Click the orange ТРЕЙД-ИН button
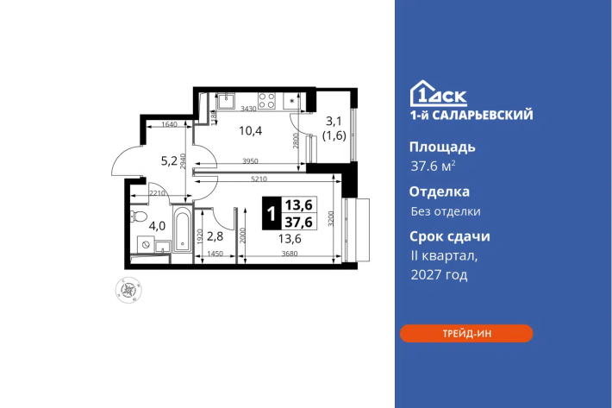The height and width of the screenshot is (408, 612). tap(466, 334)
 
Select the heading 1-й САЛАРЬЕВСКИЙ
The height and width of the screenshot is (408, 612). tap(471, 115)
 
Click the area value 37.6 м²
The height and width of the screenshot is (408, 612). tap(433, 166)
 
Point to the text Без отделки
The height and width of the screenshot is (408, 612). tap(446, 211)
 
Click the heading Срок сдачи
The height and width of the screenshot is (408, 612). tap(450, 236)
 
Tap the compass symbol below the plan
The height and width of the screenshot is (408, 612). tap(128, 290)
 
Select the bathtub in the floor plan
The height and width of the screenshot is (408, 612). tap(182, 229)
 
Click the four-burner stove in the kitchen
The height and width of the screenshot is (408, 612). tap(267, 100)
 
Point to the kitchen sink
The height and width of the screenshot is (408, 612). tap(226, 100)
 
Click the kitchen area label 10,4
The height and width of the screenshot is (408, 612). tap(250, 130)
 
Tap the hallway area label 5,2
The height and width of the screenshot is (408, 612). tap(170, 160)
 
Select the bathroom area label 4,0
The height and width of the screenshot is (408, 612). tap(157, 226)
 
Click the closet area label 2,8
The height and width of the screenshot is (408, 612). tap(215, 235)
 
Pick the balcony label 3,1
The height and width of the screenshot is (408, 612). tap(334, 121)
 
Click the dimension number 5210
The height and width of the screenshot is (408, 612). tap(259, 179)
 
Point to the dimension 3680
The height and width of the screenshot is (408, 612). tap(290, 254)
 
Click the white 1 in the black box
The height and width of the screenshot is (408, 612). tap(272, 214)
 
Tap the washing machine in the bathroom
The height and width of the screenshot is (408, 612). tap(146, 244)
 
